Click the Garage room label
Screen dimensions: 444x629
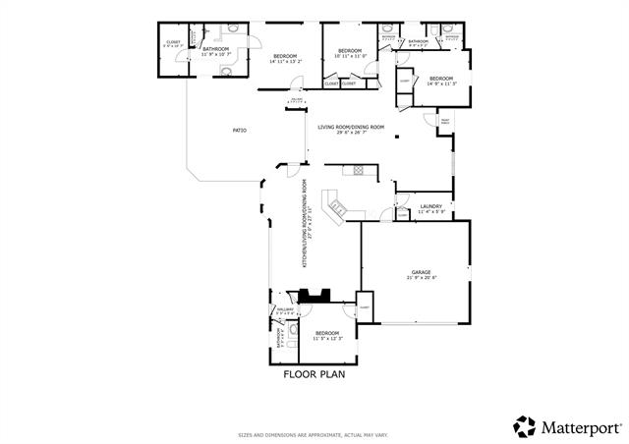tap(422, 271)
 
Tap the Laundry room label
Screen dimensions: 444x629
tap(431, 205)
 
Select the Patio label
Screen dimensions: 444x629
tap(239, 130)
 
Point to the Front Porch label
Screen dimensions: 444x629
tap(445, 122)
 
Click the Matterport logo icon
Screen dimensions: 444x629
tap(525, 426)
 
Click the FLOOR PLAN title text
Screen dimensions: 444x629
tap(314, 373)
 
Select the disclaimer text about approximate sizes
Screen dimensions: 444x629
tap(314, 434)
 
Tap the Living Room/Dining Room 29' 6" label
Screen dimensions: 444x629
tap(351, 128)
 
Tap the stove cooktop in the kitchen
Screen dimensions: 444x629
tap(360, 170)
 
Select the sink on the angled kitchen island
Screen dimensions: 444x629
tap(339, 207)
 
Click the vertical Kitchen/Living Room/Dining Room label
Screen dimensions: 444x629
tap(306, 224)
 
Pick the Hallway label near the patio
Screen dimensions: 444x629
tap(297, 100)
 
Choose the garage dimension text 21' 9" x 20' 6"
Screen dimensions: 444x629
tap(422, 278)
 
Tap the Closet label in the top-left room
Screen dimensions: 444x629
tap(172, 43)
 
